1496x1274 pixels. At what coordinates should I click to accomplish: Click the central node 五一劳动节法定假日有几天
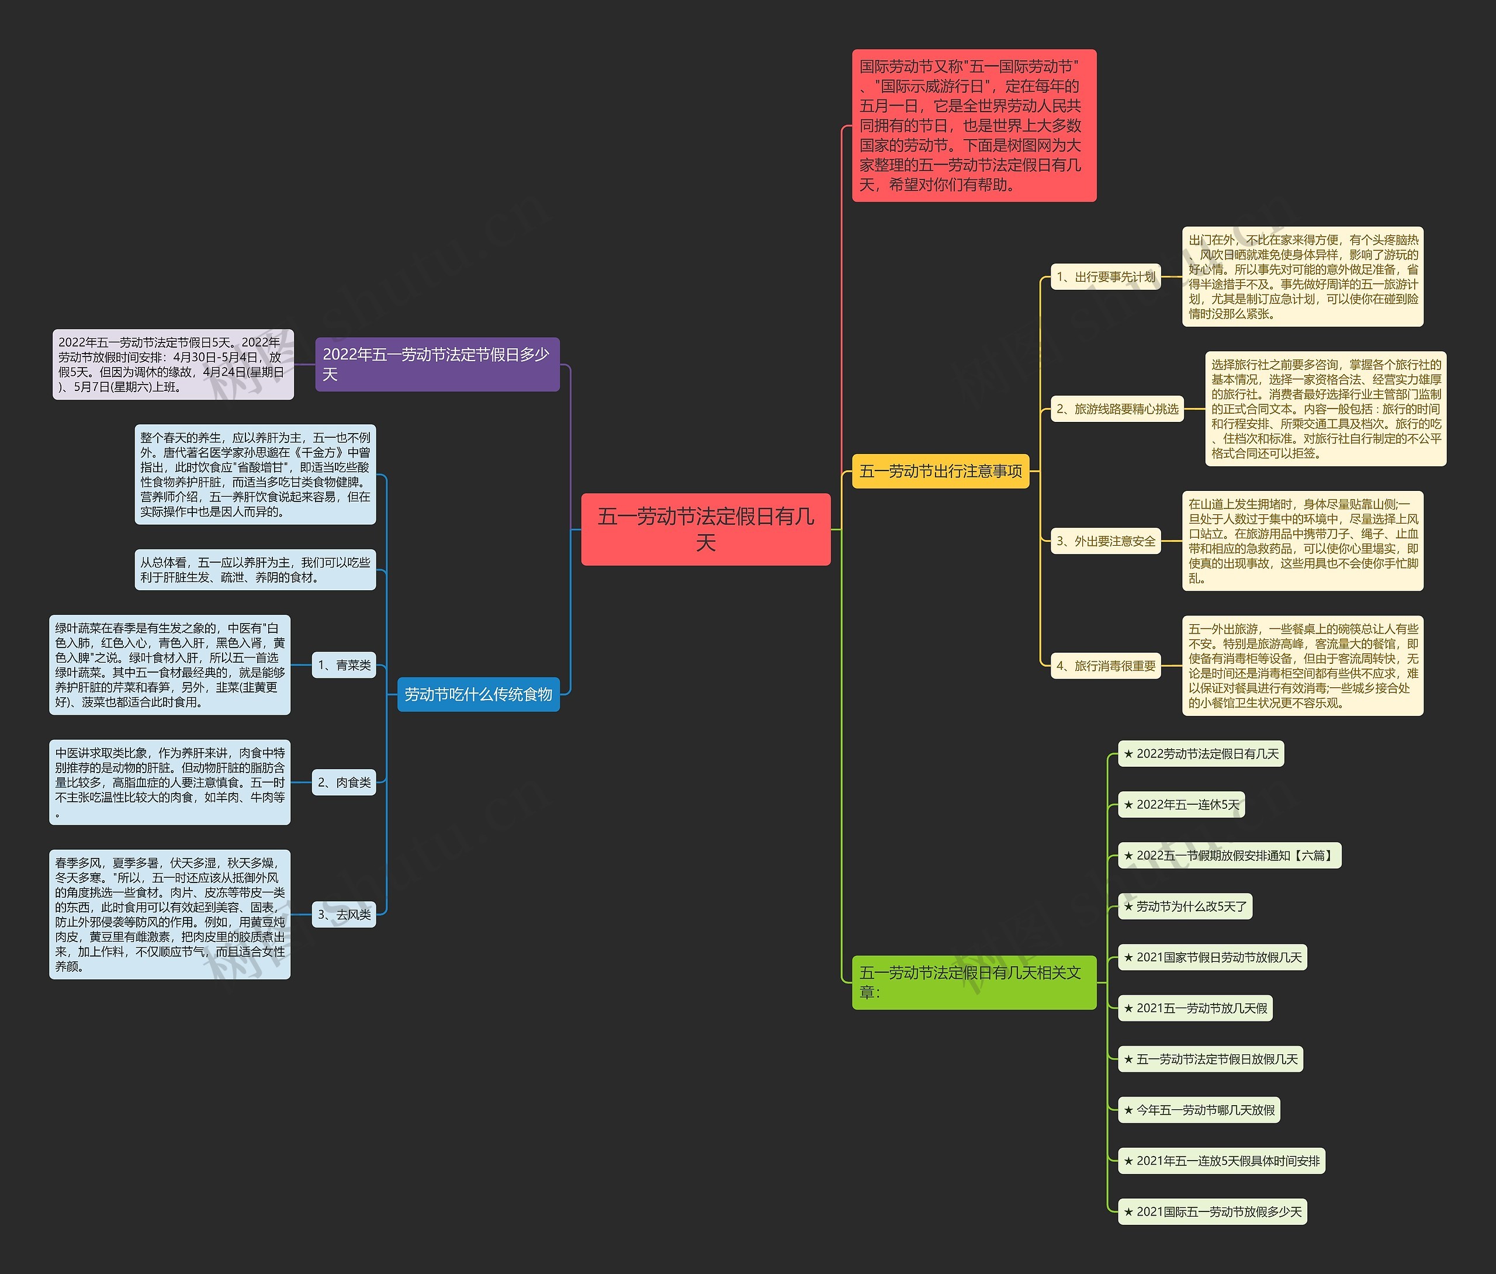pos(705,529)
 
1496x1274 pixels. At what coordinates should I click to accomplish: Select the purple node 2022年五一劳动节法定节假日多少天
pos(437,364)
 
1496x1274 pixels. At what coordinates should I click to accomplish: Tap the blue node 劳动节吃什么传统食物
pos(478,694)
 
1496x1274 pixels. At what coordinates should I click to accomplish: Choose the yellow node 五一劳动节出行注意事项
pos(940,471)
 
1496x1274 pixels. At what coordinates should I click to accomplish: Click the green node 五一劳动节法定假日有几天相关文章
pos(973,982)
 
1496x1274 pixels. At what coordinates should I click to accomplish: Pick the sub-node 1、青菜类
pos(344,665)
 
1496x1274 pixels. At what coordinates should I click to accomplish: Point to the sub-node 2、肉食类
pos(344,782)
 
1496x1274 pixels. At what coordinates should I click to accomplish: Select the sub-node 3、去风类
pos(344,915)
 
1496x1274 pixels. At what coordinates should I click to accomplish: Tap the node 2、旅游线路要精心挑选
pos(1116,408)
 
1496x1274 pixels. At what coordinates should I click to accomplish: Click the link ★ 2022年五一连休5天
pos(1181,805)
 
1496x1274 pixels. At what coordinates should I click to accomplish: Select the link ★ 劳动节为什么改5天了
pos(1185,906)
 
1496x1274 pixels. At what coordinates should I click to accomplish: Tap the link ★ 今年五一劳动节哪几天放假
pos(1199,1110)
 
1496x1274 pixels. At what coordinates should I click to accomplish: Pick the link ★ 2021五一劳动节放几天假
pos(1195,1008)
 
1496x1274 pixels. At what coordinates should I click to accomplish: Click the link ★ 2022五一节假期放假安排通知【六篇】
pos(1229,855)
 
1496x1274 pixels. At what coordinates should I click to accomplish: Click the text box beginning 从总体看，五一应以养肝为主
pos(255,570)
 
